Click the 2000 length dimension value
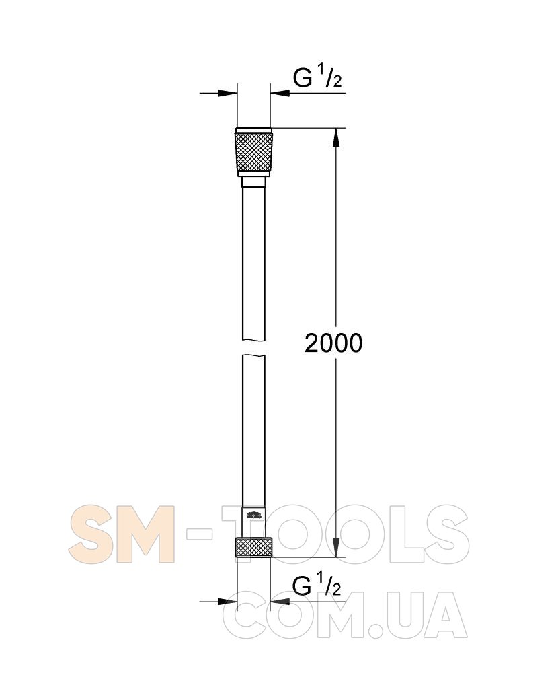[333, 343]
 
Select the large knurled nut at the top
[253, 152]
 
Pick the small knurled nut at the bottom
[253, 546]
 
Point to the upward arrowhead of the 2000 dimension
[335, 137]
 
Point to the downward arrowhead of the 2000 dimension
[335, 547]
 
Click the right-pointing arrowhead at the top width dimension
[227, 93]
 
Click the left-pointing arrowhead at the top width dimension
[280, 93]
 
